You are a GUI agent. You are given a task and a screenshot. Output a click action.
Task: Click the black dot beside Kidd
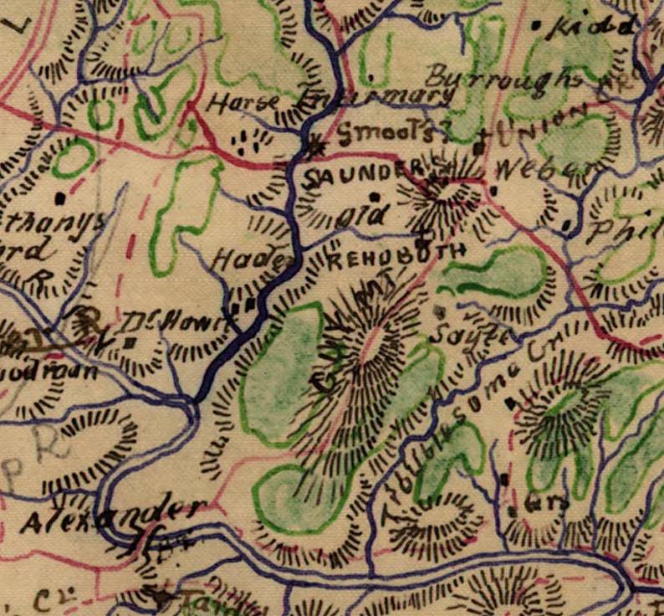coord(536,25)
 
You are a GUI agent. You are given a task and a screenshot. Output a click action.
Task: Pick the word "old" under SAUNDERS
coord(364,215)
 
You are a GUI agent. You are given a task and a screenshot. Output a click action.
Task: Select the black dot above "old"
coord(375,197)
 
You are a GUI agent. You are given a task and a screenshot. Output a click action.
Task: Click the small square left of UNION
coord(479,147)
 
